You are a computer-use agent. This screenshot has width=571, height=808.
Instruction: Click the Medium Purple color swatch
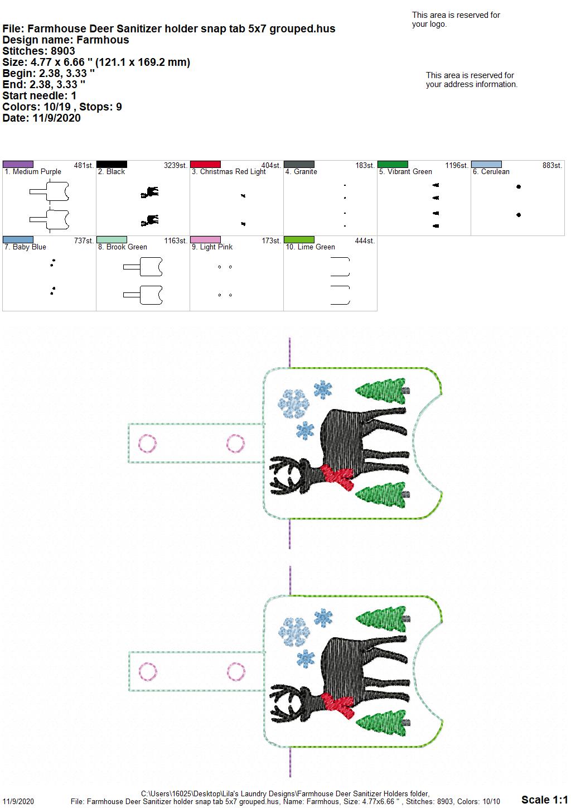18,165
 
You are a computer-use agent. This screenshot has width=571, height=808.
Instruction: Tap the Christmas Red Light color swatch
205,165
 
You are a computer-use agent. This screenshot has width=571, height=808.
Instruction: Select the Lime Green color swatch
299,240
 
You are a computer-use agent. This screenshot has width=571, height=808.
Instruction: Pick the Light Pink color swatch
205,240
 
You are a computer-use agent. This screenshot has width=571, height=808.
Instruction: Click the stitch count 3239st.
176,166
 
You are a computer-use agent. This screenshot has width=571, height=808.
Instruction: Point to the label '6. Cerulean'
491,172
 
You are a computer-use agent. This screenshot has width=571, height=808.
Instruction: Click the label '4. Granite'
301,172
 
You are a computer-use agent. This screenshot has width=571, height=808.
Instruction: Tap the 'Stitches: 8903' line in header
38,51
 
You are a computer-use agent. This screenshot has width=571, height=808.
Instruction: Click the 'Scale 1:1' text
545,799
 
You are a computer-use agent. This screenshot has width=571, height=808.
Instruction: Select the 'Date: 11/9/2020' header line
41,118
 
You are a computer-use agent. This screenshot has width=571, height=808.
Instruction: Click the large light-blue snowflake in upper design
293,403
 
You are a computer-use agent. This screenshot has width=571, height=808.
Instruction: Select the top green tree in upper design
381,391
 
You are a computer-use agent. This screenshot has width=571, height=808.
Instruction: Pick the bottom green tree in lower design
382,723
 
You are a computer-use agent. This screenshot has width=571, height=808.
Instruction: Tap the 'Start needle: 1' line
39,95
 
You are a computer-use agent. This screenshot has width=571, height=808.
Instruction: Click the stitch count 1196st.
457,166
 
